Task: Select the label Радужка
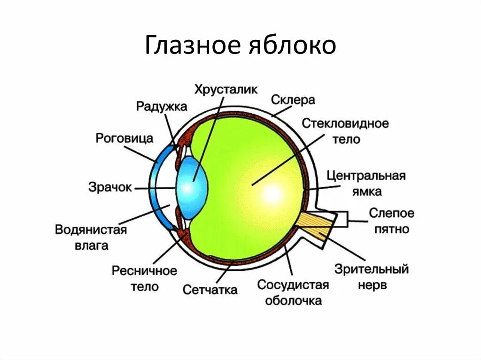162,106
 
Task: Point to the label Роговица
124,138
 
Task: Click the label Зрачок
110,187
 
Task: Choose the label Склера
293,100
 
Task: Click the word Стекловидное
345,123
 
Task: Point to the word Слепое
391,213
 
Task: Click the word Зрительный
372,269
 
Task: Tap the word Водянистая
91,230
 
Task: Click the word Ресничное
144,271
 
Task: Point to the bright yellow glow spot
273,192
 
